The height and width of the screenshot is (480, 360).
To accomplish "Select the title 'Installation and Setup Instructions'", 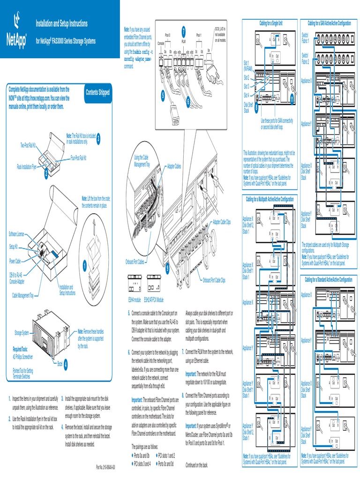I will click(x=62, y=23).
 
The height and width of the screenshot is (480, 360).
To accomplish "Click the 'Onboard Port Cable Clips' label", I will click(x=213, y=280).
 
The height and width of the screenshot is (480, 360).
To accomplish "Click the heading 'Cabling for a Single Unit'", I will click(x=271, y=22).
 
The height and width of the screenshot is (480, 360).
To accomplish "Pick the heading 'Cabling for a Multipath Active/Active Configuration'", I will click(x=270, y=199).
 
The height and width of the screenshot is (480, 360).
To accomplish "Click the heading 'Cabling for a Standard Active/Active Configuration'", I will click(x=328, y=279).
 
